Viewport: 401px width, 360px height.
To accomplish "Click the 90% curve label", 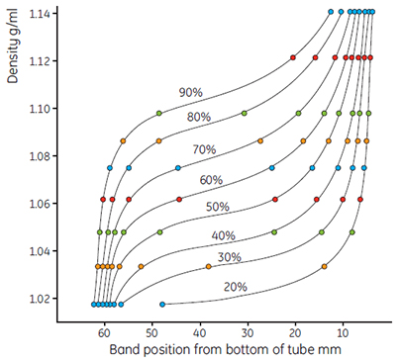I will pyautogui.click(x=190, y=92).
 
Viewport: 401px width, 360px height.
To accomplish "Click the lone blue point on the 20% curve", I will pyautogui.click(x=162, y=304).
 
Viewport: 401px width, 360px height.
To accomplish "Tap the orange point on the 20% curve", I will pyautogui.click(x=325, y=266).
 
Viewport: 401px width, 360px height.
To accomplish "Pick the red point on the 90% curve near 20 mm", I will pyautogui.click(x=293, y=58).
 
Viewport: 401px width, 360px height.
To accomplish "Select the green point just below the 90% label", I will pyautogui.click(x=159, y=114).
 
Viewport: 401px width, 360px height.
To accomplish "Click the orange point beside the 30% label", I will pyautogui.click(x=208, y=266).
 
